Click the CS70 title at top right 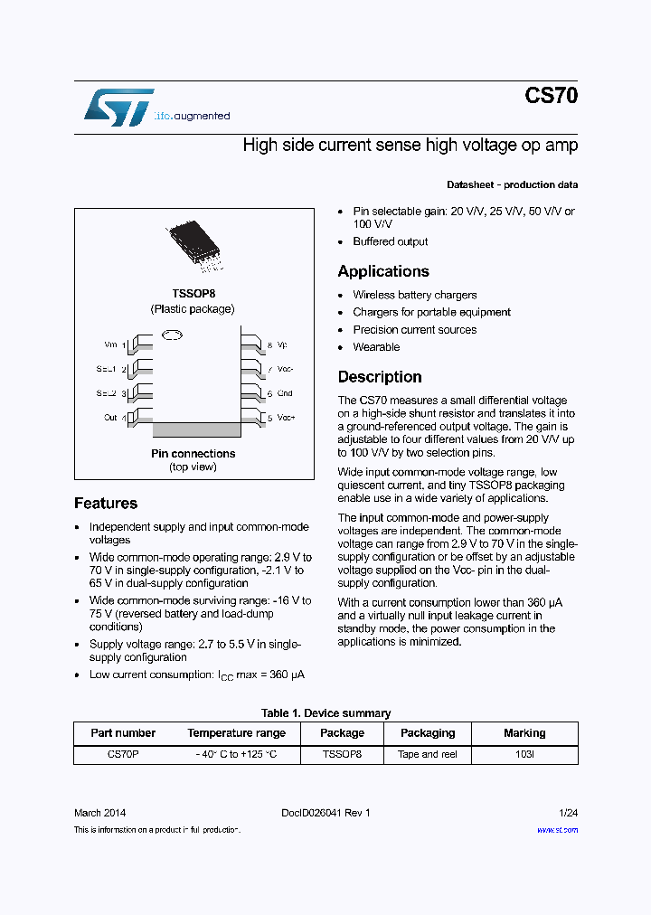click(x=551, y=97)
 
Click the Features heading click(x=106, y=504)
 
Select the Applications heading click(x=383, y=271)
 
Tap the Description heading click(x=380, y=377)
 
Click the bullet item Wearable click(x=376, y=347)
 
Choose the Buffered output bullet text click(x=391, y=242)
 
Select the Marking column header click(x=524, y=733)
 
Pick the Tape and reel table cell click(x=428, y=754)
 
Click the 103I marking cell click(x=524, y=754)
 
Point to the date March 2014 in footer click(x=99, y=813)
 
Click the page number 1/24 click(x=568, y=813)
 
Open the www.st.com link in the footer click(x=557, y=830)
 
